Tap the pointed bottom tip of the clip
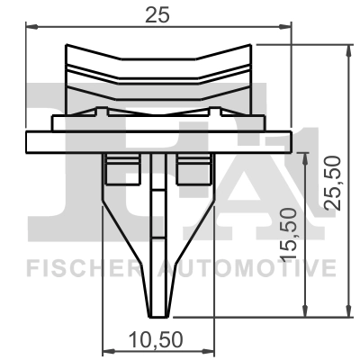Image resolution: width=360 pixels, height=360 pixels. click(161, 310)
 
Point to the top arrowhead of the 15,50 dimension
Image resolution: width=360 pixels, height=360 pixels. click(309, 156)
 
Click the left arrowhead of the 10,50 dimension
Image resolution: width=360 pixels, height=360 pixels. click(109, 349)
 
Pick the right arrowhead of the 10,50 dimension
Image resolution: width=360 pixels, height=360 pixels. click(213, 349)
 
